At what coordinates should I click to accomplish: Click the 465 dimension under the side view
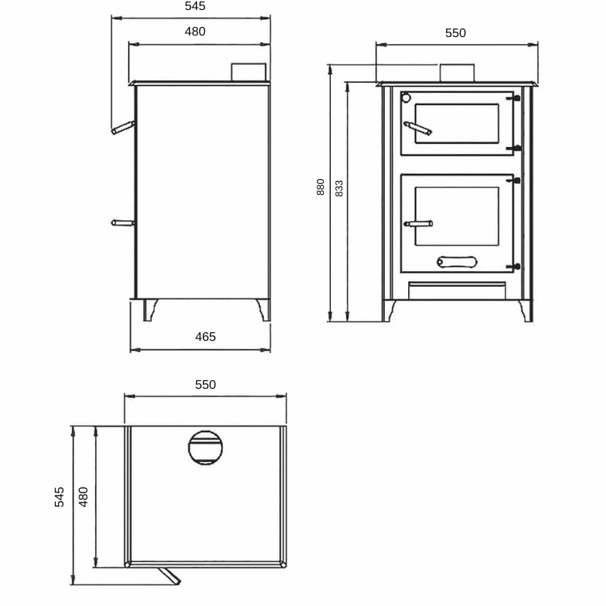tap(206, 337)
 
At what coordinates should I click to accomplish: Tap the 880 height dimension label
tap(320, 187)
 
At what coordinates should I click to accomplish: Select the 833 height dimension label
tap(339, 189)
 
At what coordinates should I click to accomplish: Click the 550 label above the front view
tap(455, 32)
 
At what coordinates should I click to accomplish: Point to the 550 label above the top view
tap(206, 385)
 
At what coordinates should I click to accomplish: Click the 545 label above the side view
tap(195, 6)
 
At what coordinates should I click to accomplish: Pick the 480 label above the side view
tap(195, 31)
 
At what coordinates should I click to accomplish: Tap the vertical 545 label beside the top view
tap(59, 497)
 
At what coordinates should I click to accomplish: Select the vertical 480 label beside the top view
tap(83, 497)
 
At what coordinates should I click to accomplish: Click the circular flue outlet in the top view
tap(206, 448)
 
